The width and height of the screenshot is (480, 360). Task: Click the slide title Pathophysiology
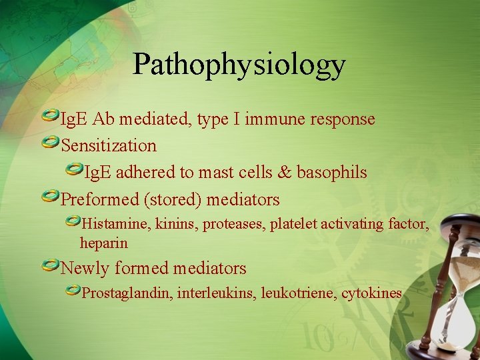coord(239,65)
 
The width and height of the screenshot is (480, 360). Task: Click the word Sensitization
coord(109,145)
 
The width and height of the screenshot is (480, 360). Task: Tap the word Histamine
coord(116,224)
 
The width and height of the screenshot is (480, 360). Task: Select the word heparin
coord(103,243)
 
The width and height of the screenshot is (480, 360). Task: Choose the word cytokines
coord(371,293)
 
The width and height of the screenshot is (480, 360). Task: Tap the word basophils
coord(331,172)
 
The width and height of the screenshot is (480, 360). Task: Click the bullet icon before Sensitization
coord(49,143)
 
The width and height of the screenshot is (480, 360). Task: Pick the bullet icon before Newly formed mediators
coord(49,266)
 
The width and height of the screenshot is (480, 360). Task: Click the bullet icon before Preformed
coord(49,197)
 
